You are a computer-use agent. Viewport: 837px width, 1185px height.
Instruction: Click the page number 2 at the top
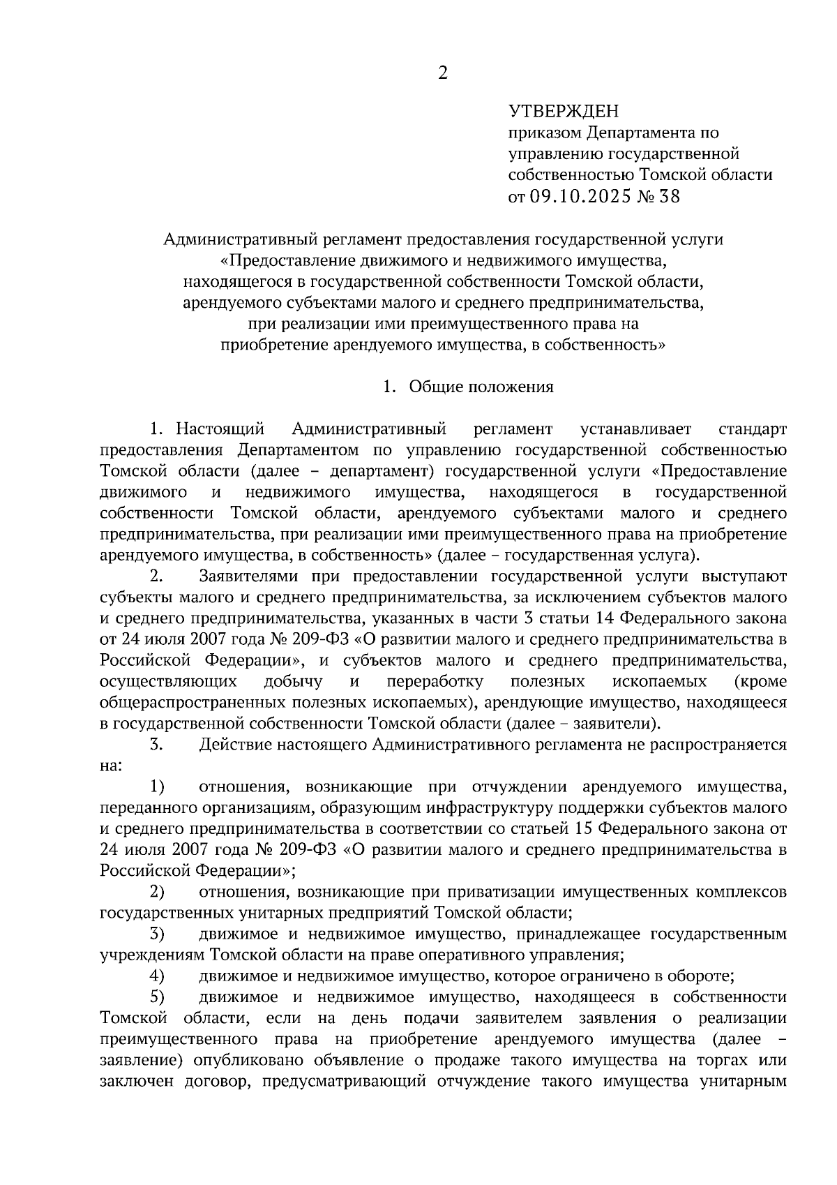pyautogui.click(x=442, y=73)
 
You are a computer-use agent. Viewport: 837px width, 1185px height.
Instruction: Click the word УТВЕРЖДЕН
pyautogui.click(x=564, y=110)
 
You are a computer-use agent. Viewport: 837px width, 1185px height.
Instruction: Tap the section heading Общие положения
pyautogui.click(x=481, y=387)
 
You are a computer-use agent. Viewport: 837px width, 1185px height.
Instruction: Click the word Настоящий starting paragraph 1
pyautogui.click(x=220, y=428)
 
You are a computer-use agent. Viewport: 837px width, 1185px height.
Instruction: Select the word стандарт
pyautogui.click(x=752, y=428)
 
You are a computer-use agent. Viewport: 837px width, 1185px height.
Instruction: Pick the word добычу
pyautogui.click(x=294, y=680)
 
